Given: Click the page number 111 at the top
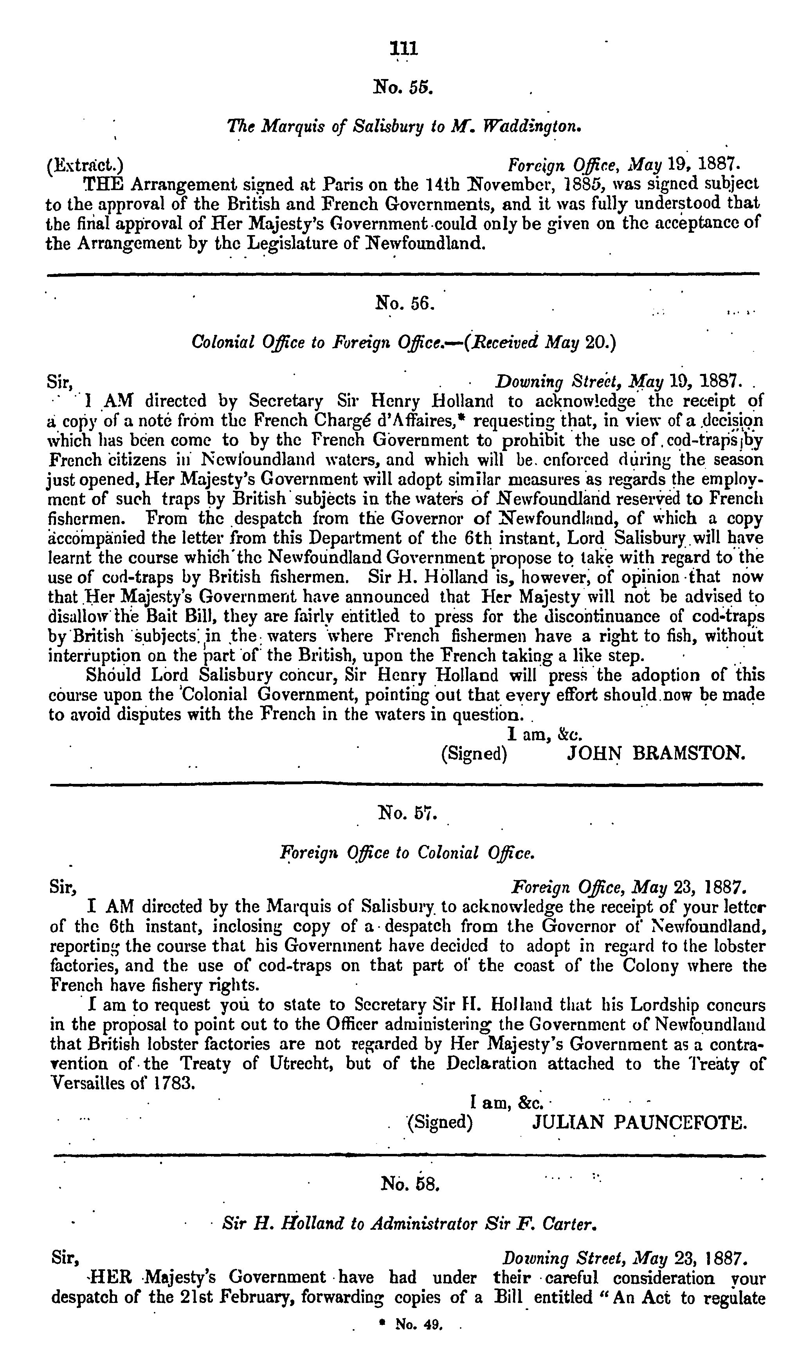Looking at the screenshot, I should [x=403, y=49].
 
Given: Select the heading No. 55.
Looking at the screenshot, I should [x=403, y=86].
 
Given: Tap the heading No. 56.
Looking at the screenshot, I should [x=404, y=302].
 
